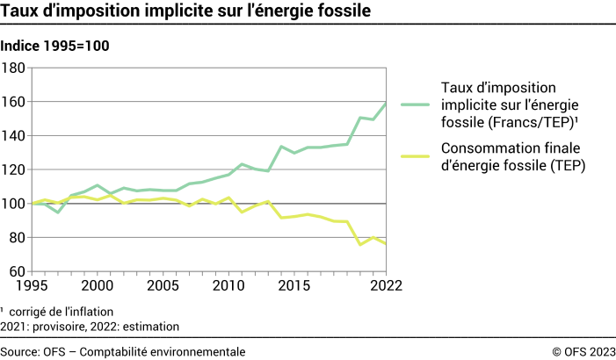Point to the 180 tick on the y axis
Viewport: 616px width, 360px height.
(14, 68)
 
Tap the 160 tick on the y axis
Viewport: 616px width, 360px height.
(14, 102)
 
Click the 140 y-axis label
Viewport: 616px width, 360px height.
(14, 136)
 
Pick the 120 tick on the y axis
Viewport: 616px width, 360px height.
(14, 169)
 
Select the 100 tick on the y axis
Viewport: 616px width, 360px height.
(14, 204)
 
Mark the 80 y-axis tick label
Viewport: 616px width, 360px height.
(18, 238)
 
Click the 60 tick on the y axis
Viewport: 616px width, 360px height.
(18, 271)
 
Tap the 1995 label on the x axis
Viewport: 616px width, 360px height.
(32, 286)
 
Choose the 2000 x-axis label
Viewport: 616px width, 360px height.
(97, 286)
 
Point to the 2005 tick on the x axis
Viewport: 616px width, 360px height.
(163, 286)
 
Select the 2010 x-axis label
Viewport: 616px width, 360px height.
(228, 286)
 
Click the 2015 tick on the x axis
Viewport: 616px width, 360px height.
(294, 286)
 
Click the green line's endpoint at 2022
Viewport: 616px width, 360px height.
(386, 104)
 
